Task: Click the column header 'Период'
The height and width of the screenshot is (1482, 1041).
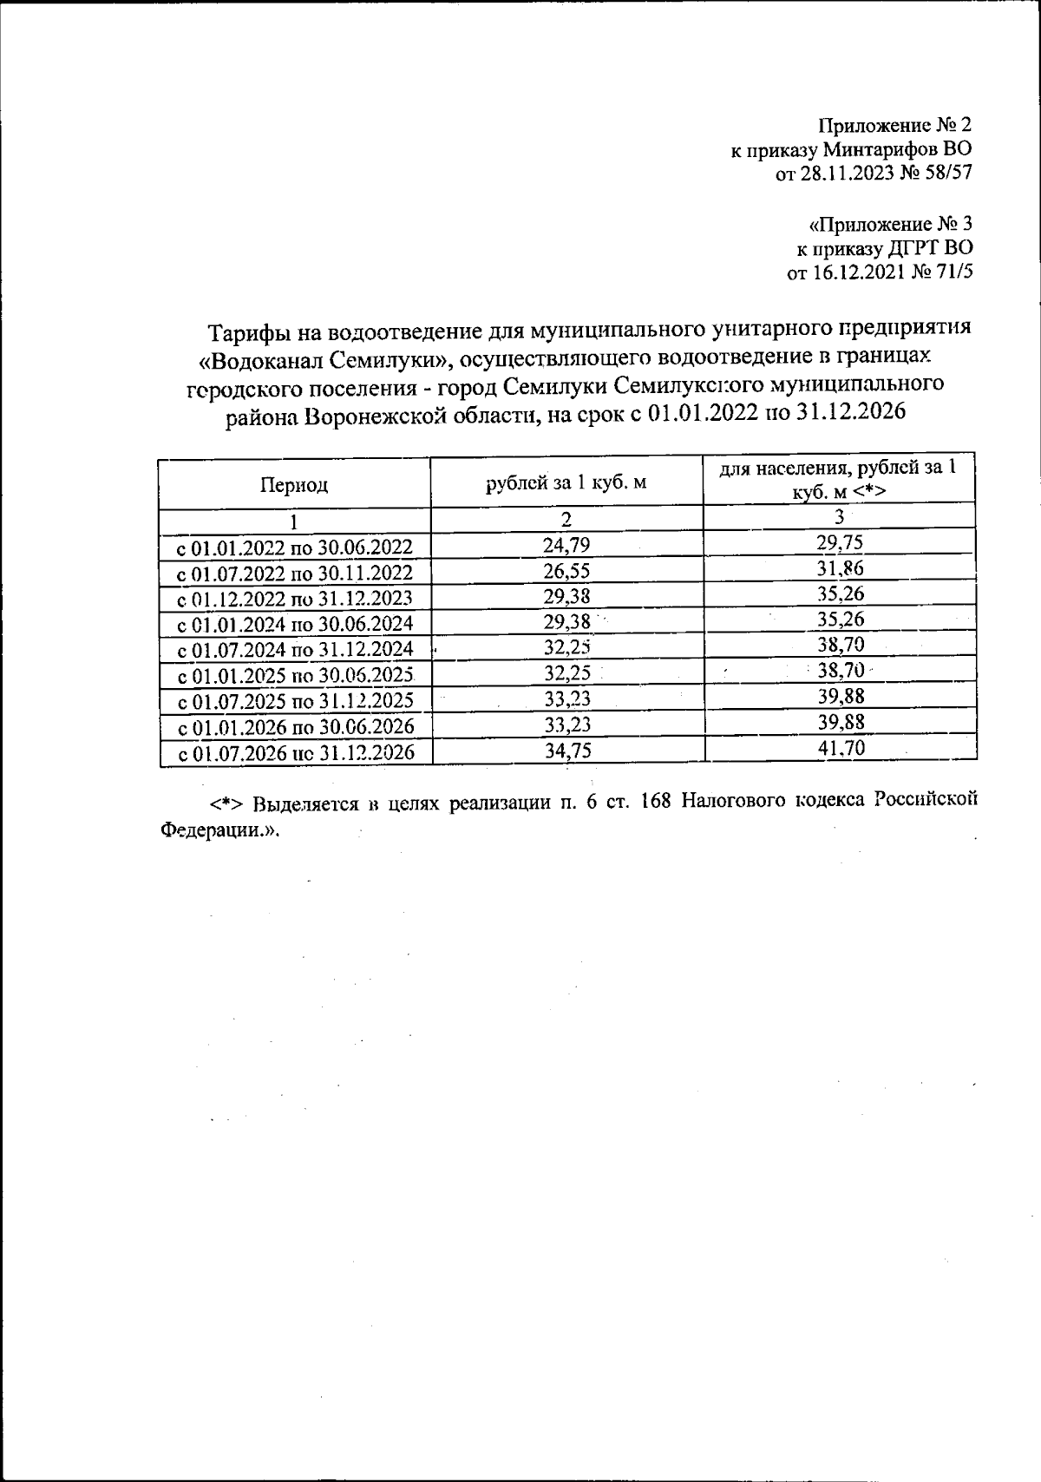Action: click(x=294, y=485)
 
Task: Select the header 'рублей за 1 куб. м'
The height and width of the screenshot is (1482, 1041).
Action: click(x=566, y=482)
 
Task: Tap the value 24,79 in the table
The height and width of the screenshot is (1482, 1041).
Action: click(x=566, y=545)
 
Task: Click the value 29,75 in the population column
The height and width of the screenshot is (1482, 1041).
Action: click(x=841, y=543)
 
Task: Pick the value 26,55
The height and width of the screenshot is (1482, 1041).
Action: click(x=566, y=571)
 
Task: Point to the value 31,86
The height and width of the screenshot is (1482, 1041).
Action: click(x=841, y=569)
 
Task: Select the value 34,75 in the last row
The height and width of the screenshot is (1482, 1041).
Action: click(x=567, y=751)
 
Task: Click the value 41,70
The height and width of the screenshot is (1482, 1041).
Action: click(x=841, y=748)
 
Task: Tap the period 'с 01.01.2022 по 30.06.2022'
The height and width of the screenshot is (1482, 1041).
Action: click(x=294, y=548)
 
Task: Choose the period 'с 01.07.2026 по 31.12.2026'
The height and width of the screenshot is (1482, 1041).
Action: click(x=294, y=752)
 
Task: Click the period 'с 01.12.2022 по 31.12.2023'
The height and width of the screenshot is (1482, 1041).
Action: click(x=294, y=599)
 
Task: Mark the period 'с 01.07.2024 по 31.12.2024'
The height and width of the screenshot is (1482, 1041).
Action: click(x=294, y=650)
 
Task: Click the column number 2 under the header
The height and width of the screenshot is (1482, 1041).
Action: click(x=566, y=520)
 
